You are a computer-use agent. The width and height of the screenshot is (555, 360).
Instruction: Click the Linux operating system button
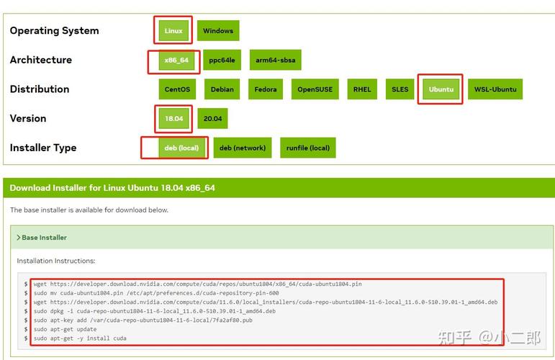pos(173,30)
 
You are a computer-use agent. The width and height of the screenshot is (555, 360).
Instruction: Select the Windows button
pos(218,30)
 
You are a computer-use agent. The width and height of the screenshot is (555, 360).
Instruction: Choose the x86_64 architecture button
pos(176,60)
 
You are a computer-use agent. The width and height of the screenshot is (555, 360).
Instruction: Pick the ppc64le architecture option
pos(222,60)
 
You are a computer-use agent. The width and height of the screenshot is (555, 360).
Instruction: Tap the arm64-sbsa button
pos(276,60)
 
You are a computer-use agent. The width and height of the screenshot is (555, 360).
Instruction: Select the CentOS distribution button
pos(177,89)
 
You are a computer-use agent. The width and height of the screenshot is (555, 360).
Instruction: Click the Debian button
pos(222,89)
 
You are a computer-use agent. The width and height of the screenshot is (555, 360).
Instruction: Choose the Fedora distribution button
pos(266,89)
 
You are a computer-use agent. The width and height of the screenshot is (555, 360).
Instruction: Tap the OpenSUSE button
pos(315,89)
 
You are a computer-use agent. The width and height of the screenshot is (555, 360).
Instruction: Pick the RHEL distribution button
pos(362,89)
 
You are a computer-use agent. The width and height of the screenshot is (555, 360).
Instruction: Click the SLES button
pos(400,89)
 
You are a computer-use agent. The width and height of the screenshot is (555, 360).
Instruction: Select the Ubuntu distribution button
pos(441,89)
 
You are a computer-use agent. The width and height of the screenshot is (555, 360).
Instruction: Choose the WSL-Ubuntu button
pos(495,89)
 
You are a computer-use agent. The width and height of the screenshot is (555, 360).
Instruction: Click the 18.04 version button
pos(173,119)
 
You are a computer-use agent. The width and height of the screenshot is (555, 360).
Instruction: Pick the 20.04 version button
pos(213,119)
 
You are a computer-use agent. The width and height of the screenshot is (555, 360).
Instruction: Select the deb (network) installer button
pos(243,148)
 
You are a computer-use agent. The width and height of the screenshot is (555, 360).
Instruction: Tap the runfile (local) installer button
pos(308,148)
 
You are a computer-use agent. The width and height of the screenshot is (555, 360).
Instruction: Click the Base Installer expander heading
pos(42,238)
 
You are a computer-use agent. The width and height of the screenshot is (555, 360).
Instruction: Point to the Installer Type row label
pos(43,148)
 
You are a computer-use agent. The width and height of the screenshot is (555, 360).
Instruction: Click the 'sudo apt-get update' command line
pos(65,329)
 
